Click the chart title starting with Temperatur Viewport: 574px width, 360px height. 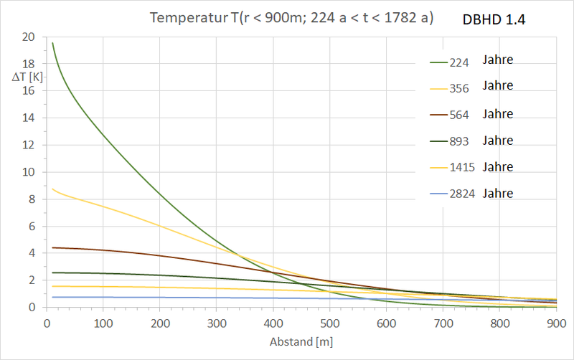click(291, 18)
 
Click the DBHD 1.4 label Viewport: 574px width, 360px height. click(494, 21)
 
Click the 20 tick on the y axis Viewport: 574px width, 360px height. click(28, 37)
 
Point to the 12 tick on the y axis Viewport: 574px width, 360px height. click(28, 145)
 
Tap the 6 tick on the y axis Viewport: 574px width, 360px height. click(31, 226)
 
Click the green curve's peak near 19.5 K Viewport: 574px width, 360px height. click(52, 43)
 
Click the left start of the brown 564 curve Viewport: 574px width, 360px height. click(52, 247)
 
